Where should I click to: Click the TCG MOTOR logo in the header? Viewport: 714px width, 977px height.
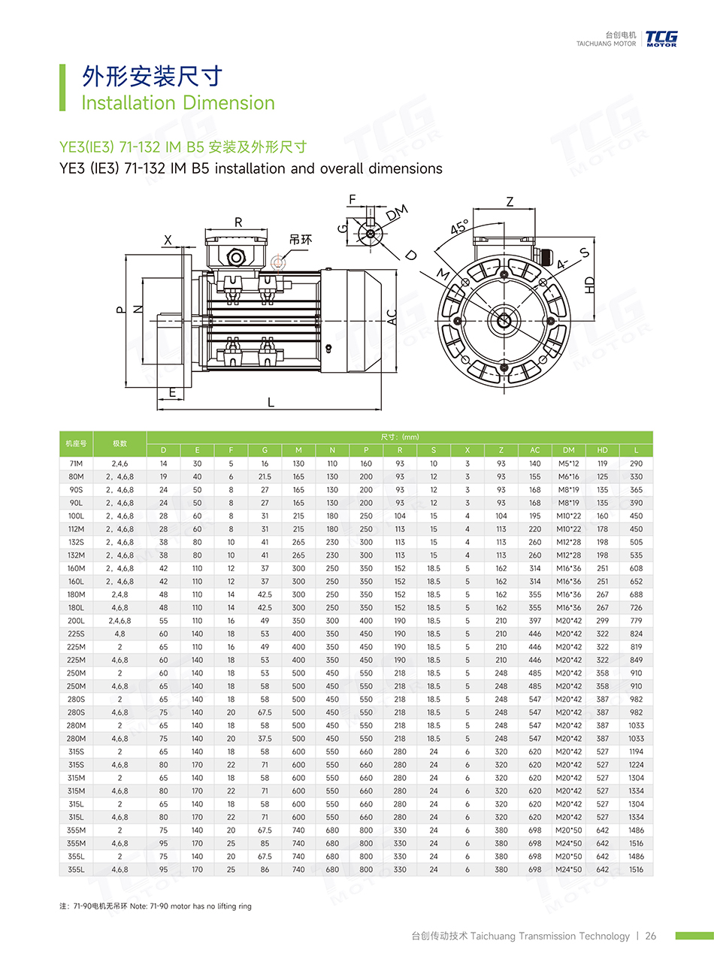661,38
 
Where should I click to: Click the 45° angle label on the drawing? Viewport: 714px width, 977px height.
460,227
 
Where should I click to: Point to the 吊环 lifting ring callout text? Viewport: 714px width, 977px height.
301,240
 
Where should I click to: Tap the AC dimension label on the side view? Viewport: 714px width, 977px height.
392,317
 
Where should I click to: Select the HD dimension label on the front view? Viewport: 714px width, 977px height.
589,285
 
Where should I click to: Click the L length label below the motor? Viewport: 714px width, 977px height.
271,402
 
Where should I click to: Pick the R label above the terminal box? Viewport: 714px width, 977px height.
238,222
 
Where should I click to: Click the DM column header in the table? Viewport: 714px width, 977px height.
568,450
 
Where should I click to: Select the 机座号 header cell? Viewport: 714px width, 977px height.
76,443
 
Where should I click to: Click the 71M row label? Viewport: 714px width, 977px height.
76,464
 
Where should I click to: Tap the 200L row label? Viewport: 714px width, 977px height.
76,621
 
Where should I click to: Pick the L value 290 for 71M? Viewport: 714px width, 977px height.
636,464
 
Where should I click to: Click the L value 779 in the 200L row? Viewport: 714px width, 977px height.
636,621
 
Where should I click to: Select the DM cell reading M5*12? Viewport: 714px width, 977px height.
568,464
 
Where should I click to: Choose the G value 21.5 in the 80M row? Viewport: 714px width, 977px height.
265,476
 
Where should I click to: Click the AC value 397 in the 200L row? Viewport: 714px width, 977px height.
534,621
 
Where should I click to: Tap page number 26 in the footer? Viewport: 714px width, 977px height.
650,936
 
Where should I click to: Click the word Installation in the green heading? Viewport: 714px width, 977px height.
129,103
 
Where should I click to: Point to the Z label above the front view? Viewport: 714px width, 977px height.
510,201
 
